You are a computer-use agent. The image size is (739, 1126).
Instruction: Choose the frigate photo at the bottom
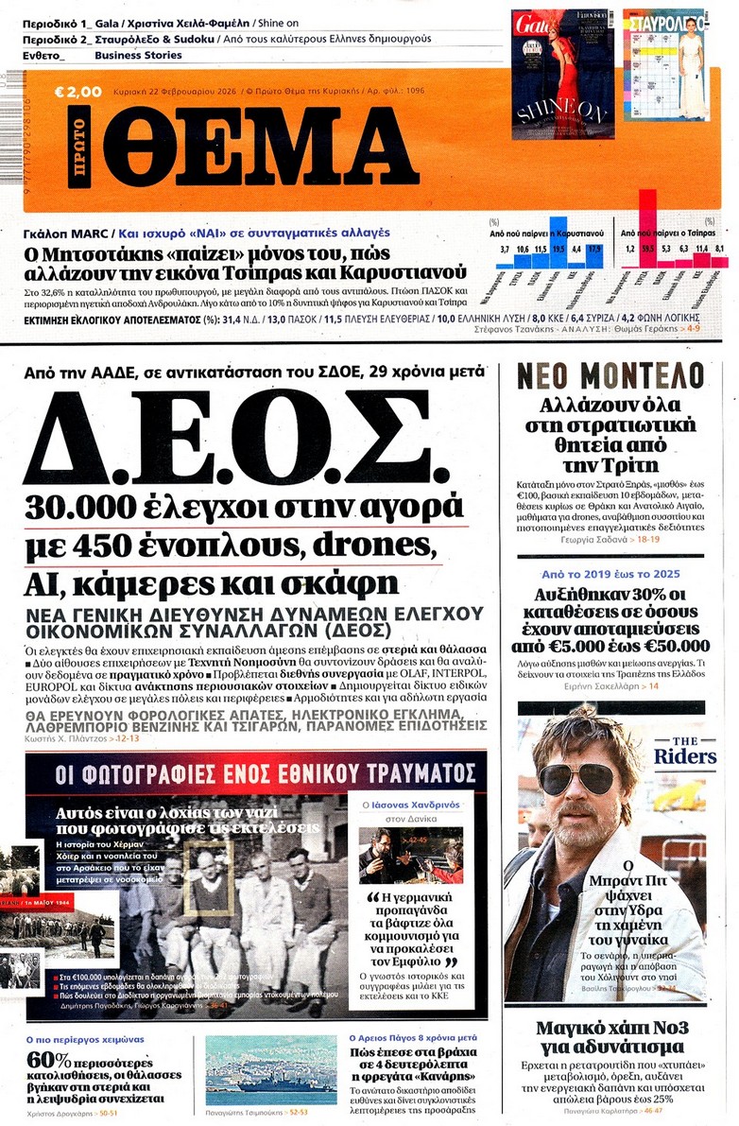tap(270, 1068)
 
